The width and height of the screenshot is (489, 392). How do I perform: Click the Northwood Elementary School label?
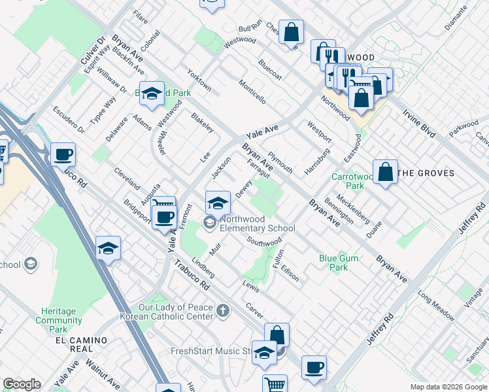coord(258,223)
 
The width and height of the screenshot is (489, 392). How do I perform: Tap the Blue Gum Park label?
coord(338,263)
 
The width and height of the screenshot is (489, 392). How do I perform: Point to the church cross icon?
coord(223,310)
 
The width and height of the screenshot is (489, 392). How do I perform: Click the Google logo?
coord(22,384)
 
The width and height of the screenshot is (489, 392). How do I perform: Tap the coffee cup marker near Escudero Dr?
coord(63,155)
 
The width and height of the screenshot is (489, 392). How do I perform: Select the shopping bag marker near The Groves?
coord(386,172)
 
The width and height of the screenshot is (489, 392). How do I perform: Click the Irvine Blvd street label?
coord(419,123)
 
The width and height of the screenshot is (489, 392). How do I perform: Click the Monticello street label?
coord(252,93)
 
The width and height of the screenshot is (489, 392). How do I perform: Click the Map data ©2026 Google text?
coord(448,387)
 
